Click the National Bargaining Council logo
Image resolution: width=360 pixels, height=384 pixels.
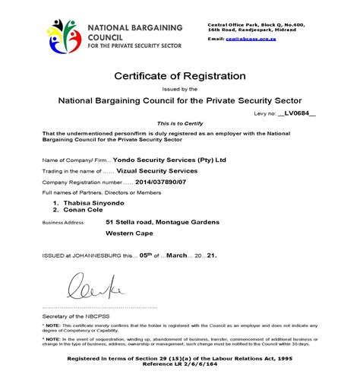(65, 36)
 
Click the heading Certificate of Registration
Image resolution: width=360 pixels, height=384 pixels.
(180, 76)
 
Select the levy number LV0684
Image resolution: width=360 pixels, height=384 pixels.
(297, 112)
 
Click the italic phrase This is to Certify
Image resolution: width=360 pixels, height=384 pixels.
(180, 123)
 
